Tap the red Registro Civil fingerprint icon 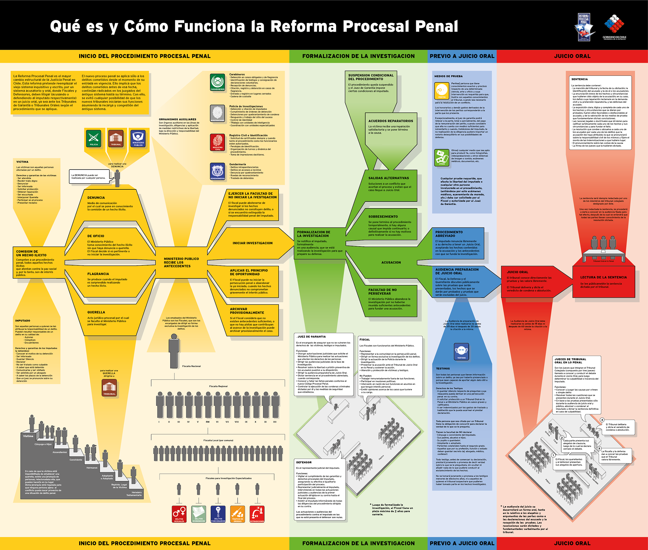click(217, 142)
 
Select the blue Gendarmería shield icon click(217, 172)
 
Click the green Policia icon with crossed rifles click(93, 138)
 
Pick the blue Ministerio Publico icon click(138, 138)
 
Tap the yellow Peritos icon click(441, 91)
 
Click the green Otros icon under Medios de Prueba click(441, 158)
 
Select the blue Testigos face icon click(461, 352)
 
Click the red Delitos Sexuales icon click(179, 514)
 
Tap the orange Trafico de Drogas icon click(238, 514)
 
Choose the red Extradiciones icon click(257, 514)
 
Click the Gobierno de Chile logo click(614, 27)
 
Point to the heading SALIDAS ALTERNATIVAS click(388, 178)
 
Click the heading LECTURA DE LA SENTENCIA click(603, 277)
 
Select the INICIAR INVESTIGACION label click(252, 243)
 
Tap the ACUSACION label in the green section click(391, 263)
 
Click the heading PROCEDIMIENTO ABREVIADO click(449, 234)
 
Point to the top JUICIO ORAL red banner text click(572, 56)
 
